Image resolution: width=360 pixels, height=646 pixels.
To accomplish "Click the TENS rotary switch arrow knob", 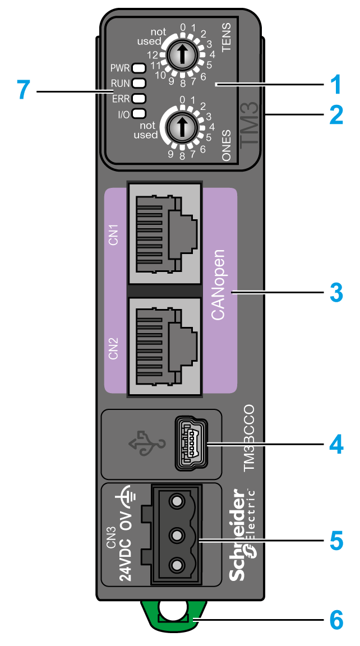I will pos(181,54).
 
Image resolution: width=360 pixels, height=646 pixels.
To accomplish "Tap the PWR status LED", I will pos(139,68).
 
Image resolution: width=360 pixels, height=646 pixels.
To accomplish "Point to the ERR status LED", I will pos(139,99).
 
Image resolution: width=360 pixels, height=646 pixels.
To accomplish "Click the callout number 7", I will pos(22,90).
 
